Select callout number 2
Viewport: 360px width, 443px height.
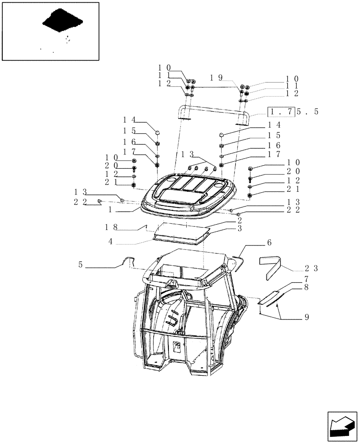pyautogui.click(x=239, y=220)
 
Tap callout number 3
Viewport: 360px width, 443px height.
pyautogui.click(x=239, y=229)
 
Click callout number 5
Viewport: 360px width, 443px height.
pyautogui.click(x=81, y=265)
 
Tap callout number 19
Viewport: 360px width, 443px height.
pyautogui.click(x=216, y=78)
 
